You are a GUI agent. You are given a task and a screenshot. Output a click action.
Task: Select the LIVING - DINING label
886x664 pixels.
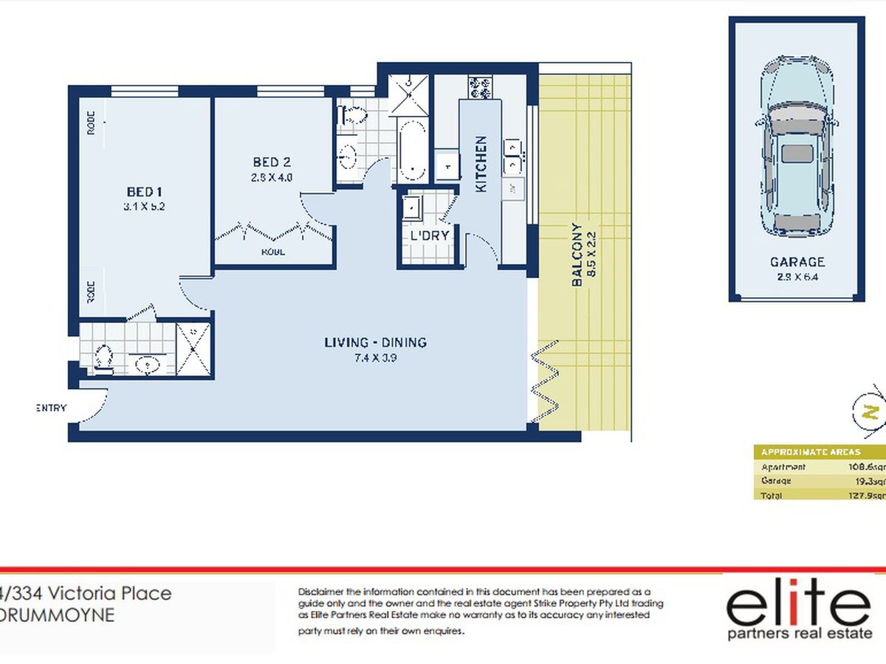[x=375, y=342]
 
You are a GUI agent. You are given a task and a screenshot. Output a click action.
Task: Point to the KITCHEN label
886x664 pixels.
[x=481, y=164]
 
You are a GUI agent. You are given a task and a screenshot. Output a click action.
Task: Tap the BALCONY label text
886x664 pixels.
[x=577, y=255]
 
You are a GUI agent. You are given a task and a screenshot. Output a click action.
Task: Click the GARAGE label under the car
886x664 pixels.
[x=797, y=262]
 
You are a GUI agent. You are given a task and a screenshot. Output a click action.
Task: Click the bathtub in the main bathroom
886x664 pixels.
[x=411, y=151]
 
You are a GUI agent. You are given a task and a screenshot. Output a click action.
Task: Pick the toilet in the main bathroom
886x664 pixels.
[x=352, y=116]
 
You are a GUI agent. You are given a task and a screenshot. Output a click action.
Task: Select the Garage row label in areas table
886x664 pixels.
[x=776, y=481]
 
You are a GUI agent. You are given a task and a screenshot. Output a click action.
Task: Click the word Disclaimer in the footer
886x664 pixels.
[x=321, y=592]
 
